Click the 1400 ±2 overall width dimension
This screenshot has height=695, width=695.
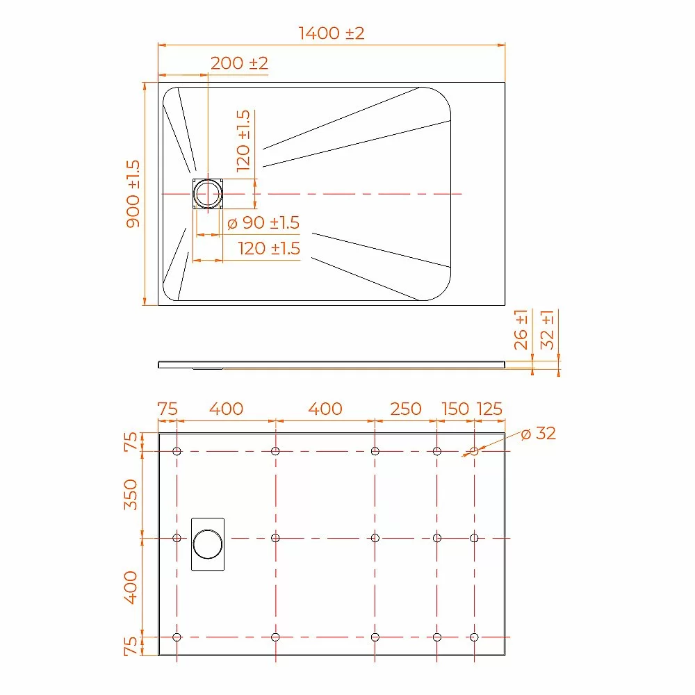pyautogui.click(x=332, y=33)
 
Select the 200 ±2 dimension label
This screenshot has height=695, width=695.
pyautogui.click(x=239, y=63)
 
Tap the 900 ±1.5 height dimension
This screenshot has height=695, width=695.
pyautogui.click(x=133, y=194)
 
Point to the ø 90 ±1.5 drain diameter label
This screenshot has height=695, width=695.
pyautogui.click(x=263, y=222)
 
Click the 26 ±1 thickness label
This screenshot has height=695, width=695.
pyautogui.click(x=521, y=329)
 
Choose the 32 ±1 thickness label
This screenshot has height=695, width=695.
pyautogui.click(x=547, y=329)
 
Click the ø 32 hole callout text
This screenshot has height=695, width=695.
pyautogui.click(x=539, y=434)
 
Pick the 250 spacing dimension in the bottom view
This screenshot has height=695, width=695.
pyautogui.click(x=406, y=409)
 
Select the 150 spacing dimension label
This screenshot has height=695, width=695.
pyautogui.click(x=455, y=409)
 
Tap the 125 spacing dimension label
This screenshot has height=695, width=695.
pyautogui.click(x=489, y=409)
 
